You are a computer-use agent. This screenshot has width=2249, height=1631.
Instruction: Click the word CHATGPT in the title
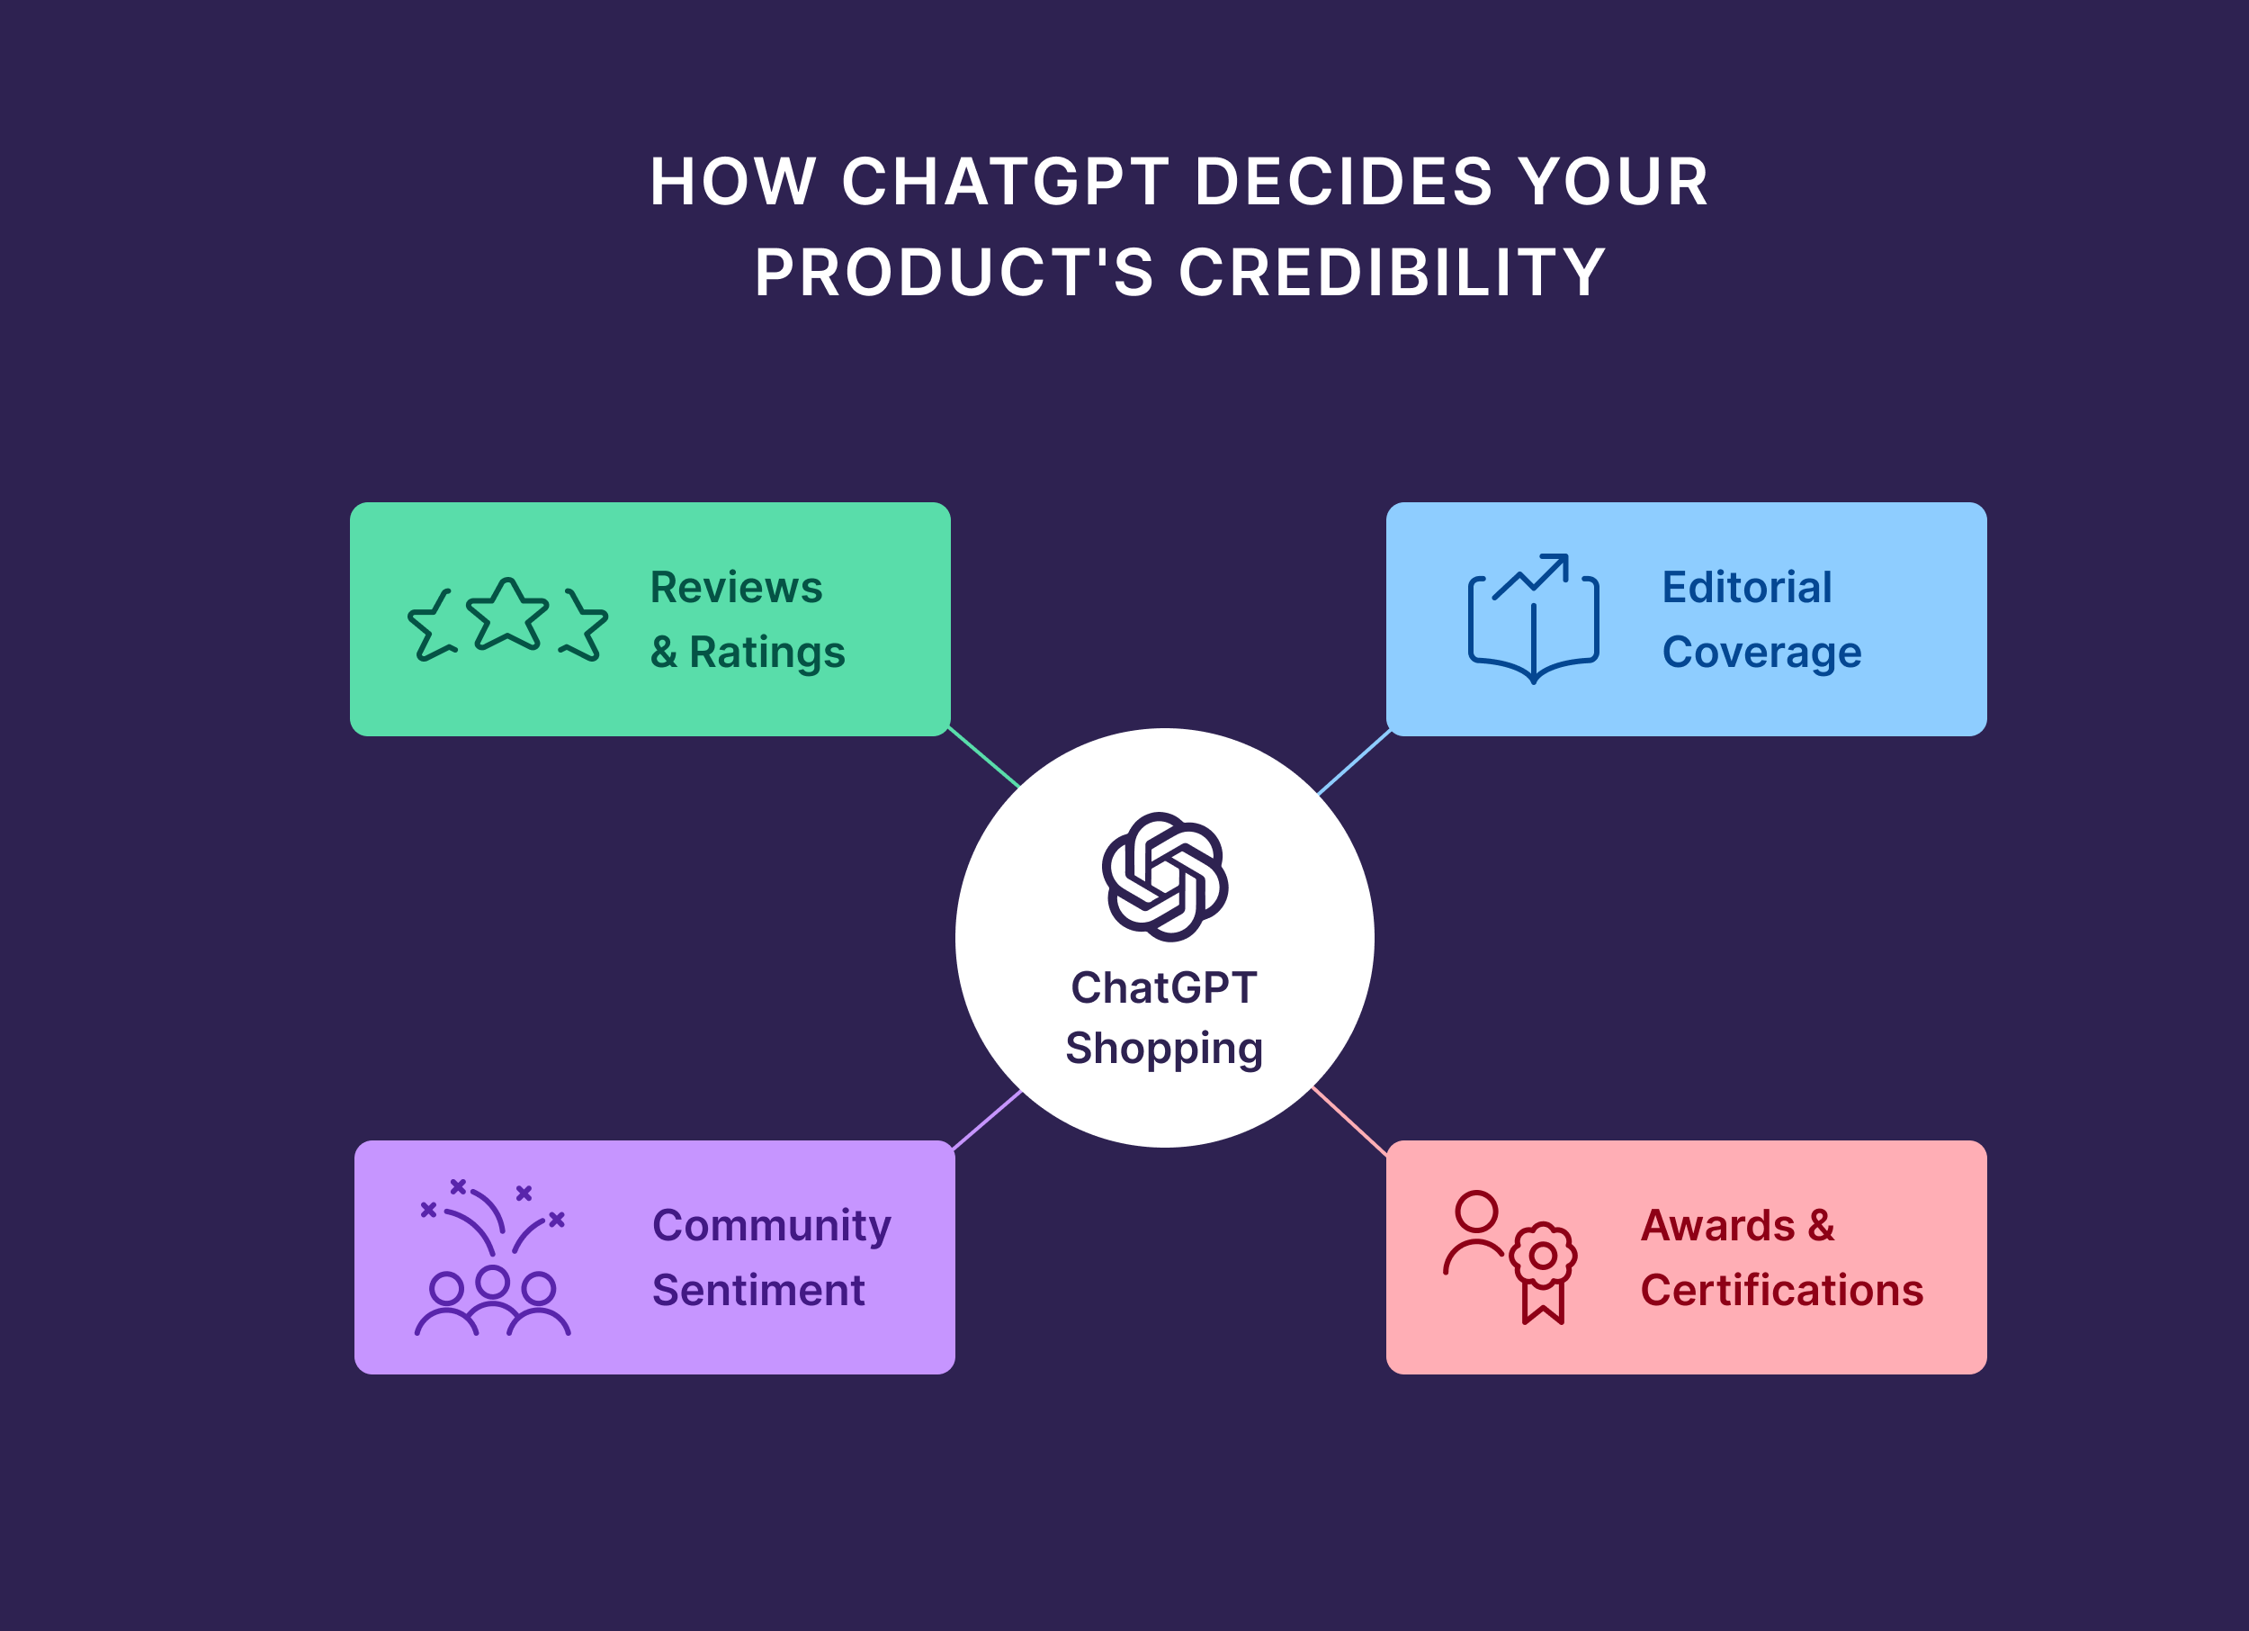point(1005,183)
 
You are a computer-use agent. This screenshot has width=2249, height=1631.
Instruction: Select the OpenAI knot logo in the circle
point(1164,877)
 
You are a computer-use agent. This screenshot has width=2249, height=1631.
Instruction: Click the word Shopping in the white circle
point(1164,1050)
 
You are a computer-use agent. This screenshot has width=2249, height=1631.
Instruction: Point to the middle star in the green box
point(507,615)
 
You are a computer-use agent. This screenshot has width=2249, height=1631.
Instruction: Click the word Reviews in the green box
point(736,587)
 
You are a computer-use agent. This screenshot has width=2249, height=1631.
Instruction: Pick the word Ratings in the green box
point(766,653)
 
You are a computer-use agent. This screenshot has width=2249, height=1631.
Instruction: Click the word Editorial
point(1746,587)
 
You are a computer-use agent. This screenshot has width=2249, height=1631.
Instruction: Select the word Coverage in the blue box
point(1761,653)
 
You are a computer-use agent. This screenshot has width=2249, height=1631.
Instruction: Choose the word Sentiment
point(758,1291)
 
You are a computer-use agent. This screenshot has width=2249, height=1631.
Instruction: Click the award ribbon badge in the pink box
point(1543,1272)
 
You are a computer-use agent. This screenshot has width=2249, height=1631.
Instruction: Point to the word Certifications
point(1782,1291)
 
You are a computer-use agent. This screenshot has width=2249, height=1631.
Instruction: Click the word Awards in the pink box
point(1716,1226)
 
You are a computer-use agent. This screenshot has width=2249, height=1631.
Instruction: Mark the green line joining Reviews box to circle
point(983,757)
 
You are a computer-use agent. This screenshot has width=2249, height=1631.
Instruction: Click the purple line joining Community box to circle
point(987,1119)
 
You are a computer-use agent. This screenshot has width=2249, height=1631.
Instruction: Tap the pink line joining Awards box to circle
point(1349,1121)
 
